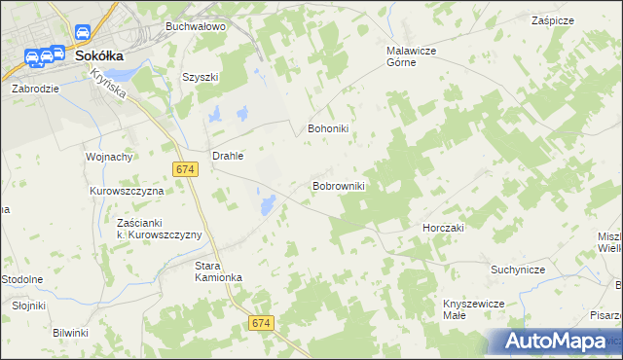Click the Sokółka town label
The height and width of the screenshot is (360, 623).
point(99,56)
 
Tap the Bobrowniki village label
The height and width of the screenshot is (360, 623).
point(338,185)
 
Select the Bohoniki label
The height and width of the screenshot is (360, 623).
point(328,127)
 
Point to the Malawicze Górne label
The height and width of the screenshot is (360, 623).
point(416,56)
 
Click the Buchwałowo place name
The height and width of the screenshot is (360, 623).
point(196,26)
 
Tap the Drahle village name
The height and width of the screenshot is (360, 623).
point(228,155)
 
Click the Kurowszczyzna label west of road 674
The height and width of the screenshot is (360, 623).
point(128,192)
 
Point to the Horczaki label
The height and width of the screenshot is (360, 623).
point(444,227)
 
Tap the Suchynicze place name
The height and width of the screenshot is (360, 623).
point(518,270)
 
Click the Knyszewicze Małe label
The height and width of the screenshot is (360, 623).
point(472,309)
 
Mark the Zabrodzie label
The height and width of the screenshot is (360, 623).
point(36,88)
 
